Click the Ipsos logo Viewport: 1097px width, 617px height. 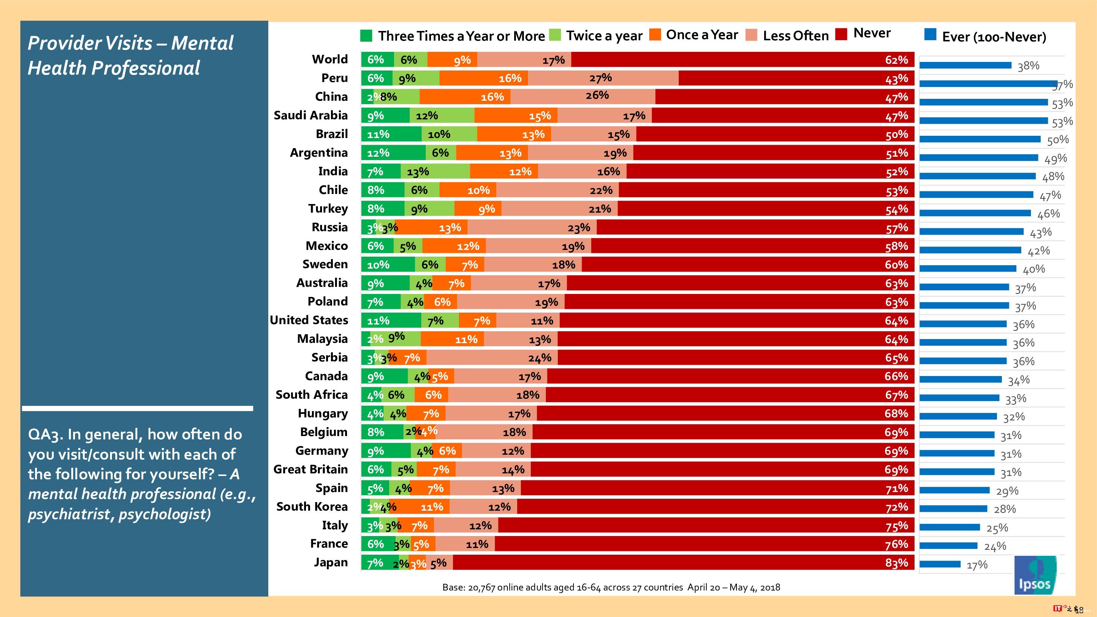[1035, 575]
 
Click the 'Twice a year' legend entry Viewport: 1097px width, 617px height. [596, 36]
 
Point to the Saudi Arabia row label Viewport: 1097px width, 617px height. [310, 115]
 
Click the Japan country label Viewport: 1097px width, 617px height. [331, 563]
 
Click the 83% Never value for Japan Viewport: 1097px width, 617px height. [896, 563]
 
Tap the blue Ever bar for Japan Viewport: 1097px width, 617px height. [940, 564]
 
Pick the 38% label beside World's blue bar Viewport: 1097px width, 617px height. [1028, 66]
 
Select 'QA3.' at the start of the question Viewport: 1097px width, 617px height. [46, 434]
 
